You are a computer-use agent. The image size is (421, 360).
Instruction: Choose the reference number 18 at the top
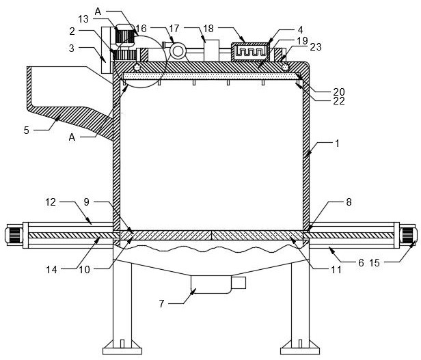coord(208,29)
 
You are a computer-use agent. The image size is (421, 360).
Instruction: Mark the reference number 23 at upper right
coord(316,46)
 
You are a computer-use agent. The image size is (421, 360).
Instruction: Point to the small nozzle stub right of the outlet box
coord(239,282)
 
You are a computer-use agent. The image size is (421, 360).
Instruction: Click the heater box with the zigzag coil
coord(254,51)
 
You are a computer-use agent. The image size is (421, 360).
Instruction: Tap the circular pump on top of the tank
coord(179,51)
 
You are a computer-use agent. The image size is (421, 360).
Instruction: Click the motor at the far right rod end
coord(409,236)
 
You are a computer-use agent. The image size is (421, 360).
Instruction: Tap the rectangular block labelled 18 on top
coord(211,50)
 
